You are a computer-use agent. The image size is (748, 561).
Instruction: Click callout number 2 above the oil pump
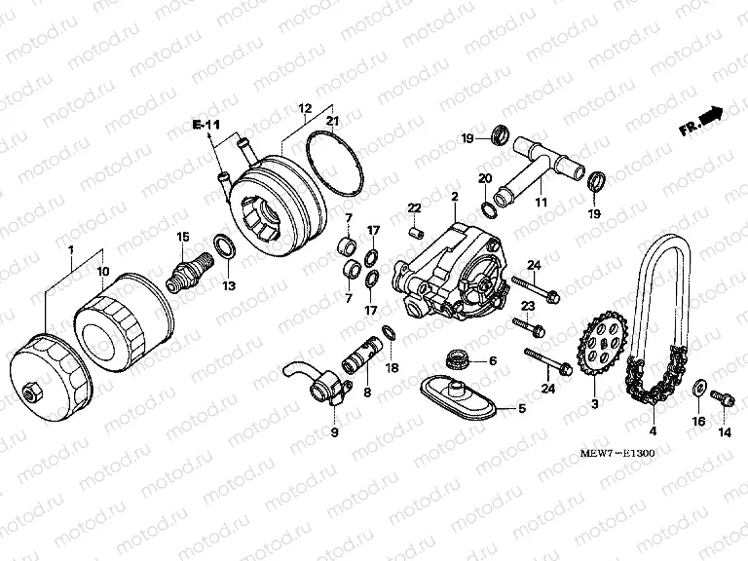click(454, 198)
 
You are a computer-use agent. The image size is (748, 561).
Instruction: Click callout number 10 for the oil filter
click(104, 270)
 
